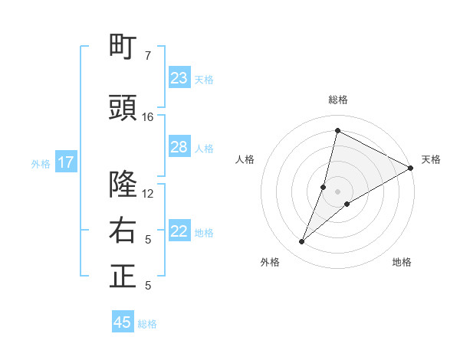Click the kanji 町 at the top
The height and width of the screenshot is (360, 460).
pos(123,47)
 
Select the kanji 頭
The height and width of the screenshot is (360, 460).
pos(123,109)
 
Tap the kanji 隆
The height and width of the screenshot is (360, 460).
pos(123,185)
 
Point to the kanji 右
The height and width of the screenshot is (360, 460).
pos(123,231)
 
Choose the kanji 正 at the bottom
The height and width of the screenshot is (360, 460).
pos(123,277)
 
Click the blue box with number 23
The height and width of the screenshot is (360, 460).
pos(179,78)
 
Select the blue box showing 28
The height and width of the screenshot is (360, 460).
pos(179,147)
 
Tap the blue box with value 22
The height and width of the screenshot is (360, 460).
pos(179,231)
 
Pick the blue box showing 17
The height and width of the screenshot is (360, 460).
pos(66,162)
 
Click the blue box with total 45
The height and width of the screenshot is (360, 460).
pos(123,322)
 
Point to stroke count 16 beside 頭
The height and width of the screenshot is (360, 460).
pos(147,116)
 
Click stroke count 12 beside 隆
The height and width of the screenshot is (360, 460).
pos(147,193)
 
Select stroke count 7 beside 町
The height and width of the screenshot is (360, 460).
pos(147,56)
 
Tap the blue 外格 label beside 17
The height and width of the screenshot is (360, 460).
pos(41,163)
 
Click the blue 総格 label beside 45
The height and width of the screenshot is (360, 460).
pos(147,324)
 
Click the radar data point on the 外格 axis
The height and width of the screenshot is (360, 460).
pos(301,242)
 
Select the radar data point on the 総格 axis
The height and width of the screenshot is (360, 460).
pos(337,130)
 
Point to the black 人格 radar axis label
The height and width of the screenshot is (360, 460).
pos(245,159)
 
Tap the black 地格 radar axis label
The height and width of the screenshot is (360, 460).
pos(402,263)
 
